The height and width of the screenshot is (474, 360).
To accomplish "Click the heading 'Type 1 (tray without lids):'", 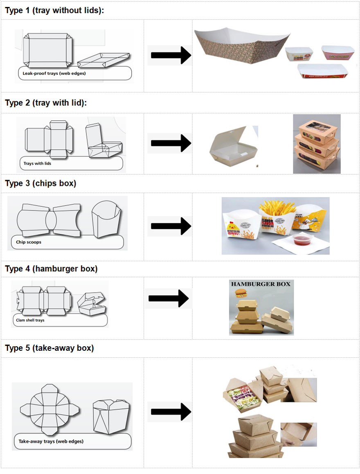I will (x=54, y=11).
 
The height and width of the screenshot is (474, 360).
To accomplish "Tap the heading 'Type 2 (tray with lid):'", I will (x=46, y=103).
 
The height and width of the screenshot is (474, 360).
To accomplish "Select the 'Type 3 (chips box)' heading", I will (x=40, y=183).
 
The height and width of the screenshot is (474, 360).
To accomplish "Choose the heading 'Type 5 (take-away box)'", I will (x=49, y=348).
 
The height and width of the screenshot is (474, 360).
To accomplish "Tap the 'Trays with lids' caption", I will (x=37, y=164).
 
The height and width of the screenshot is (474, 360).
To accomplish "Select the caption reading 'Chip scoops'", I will (x=29, y=242).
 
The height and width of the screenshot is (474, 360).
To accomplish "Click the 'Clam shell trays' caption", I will (x=30, y=320).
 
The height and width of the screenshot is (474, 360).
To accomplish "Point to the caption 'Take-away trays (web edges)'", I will (x=51, y=442).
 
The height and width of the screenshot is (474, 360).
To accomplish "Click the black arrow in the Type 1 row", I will (x=171, y=55).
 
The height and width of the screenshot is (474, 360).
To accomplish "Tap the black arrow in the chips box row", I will (x=171, y=226).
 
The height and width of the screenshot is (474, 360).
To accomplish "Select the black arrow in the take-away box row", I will (x=171, y=411).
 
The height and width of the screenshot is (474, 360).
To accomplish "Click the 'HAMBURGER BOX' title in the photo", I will (x=261, y=284).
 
